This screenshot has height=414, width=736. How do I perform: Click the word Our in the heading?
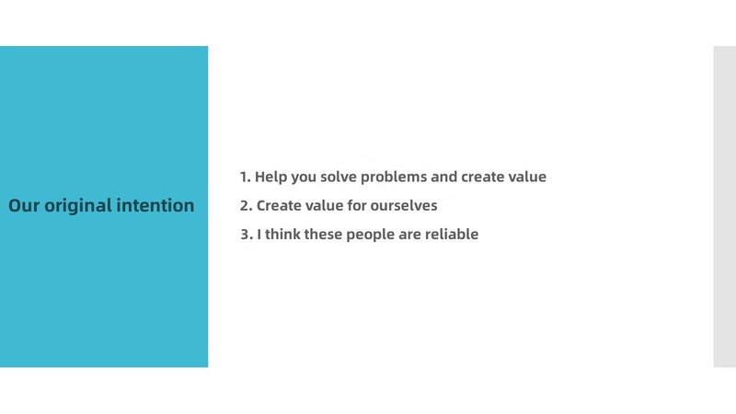(x=24, y=205)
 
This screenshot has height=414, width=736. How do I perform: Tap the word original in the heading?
(x=78, y=206)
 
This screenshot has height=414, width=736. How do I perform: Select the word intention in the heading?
(x=155, y=205)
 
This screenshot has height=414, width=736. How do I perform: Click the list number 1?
(x=245, y=177)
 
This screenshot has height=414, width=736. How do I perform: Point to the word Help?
(x=270, y=177)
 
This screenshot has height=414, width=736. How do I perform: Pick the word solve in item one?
(x=339, y=177)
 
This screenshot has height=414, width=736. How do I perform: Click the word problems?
(x=394, y=177)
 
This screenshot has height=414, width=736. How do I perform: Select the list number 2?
(x=246, y=205)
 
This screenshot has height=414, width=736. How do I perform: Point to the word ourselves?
(x=404, y=205)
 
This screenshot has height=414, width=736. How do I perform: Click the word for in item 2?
(x=357, y=205)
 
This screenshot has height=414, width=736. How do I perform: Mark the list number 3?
(x=247, y=235)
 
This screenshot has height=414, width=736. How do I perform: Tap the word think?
(x=282, y=234)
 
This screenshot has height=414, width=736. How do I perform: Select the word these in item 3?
(x=323, y=234)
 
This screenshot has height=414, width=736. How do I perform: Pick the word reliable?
(x=452, y=234)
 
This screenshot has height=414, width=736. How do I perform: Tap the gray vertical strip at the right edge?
(x=725, y=206)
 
